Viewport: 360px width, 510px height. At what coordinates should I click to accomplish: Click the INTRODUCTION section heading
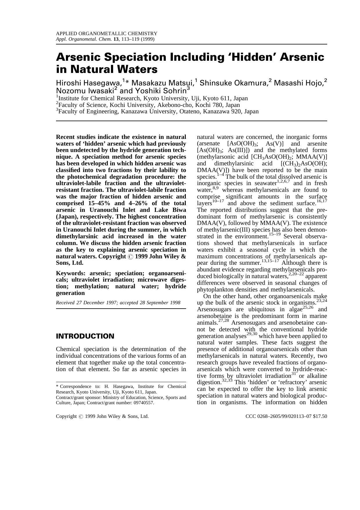(x=85, y=336)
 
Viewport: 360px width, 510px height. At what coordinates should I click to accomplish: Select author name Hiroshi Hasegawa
(x=89, y=83)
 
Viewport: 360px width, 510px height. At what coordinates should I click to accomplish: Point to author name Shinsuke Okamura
(x=233, y=83)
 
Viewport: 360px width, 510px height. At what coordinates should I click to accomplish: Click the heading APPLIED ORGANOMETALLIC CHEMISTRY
(x=106, y=33)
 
